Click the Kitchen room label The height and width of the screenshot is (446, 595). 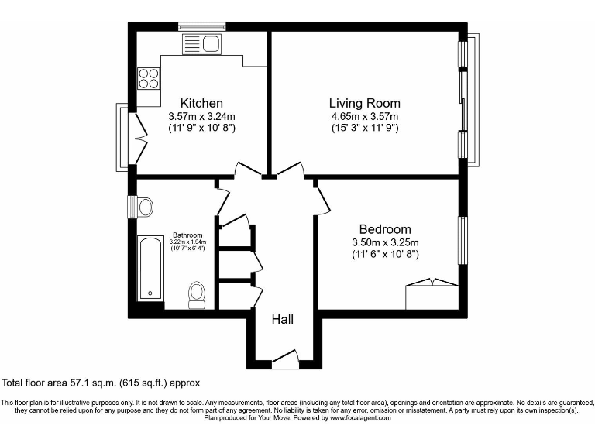point(201,103)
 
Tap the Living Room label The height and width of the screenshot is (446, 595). point(364,103)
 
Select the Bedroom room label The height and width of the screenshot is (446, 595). point(385,229)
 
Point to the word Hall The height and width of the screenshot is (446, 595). point(282,318)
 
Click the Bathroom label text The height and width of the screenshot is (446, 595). point(187,235)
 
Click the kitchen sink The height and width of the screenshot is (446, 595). point(202,44)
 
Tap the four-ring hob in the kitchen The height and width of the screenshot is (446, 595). point(149,78)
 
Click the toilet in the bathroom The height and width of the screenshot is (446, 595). point(197,295)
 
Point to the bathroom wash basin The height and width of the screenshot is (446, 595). point(144,207)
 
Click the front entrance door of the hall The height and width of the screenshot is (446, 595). point(284,357)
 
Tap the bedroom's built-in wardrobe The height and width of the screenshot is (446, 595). point(432,294)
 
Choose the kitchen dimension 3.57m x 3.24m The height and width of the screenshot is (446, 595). point(201,116)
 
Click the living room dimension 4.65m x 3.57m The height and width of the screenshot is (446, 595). point(364,116)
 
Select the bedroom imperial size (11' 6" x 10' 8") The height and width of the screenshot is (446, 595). point(385,253)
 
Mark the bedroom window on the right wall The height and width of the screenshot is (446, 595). point(463,240)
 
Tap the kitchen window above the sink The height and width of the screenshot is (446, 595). point(201,27)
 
